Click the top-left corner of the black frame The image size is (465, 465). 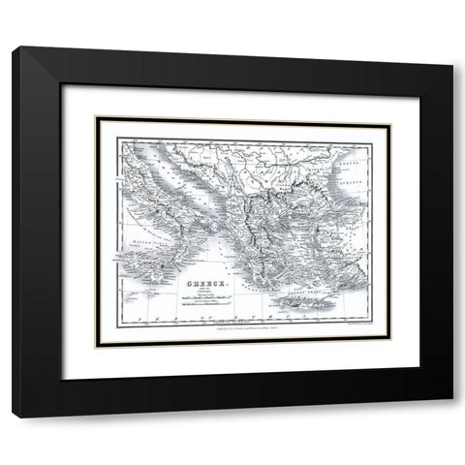click(x=13, y=48)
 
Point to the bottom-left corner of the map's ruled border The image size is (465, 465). click(x=116, y=325)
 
